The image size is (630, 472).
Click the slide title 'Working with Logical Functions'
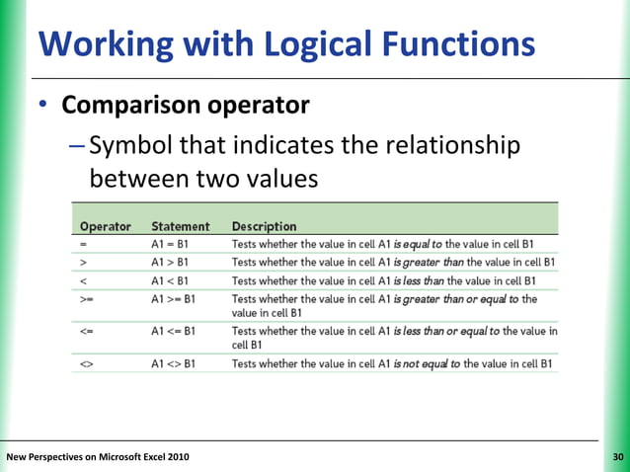(286, 44)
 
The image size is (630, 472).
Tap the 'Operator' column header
(106, 226)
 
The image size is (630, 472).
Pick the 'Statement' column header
(180, 226)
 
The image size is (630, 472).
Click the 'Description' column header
(264, 226)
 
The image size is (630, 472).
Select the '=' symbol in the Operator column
(85, 244)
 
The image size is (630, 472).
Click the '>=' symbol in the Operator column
(88, 297)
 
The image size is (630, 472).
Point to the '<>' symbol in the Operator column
(88, 364)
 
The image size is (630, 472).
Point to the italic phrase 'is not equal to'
(427, 364)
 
